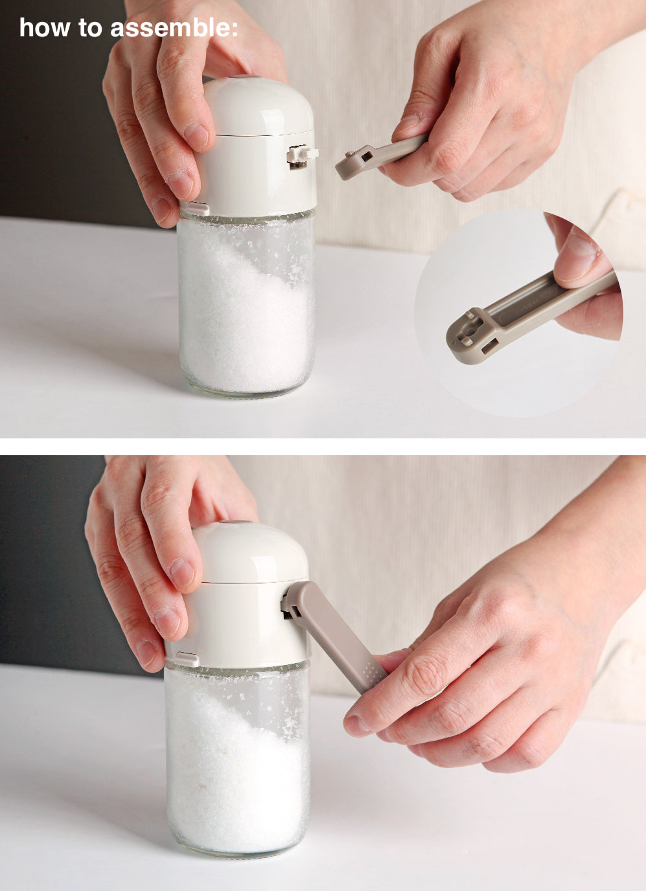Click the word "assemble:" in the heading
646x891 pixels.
point(174,28)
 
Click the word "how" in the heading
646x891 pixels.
point(45,28)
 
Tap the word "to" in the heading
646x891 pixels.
point(90,28)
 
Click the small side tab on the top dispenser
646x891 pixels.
point(197,208)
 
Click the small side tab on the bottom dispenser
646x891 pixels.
point(187,659)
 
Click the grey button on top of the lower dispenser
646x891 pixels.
point(235,523)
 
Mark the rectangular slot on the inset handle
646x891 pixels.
point(490,345)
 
